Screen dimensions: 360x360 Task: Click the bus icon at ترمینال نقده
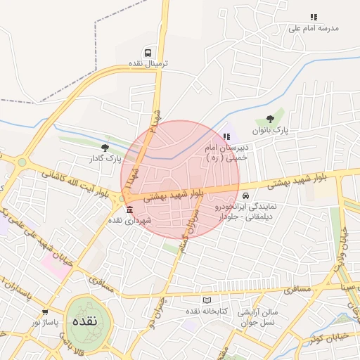point(148,53)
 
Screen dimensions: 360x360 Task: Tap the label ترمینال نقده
point(148,63)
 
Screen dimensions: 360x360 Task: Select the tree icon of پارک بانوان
point(269,120)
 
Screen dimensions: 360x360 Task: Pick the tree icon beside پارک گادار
point(105,148)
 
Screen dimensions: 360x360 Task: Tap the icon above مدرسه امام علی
point(314,18)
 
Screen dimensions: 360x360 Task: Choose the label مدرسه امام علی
point(314,28)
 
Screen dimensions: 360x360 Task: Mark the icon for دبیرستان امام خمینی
point(226,136)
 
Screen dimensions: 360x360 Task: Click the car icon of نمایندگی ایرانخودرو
point(245,195)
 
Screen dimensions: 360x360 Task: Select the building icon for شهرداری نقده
point(128,210)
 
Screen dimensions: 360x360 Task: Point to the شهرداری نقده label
point(124,220)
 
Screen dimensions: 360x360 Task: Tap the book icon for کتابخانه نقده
point(207,300)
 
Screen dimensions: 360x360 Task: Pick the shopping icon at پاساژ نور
point(45,311)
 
